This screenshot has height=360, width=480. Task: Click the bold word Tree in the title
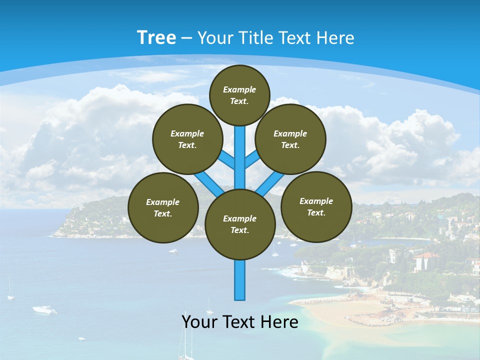[156, 37]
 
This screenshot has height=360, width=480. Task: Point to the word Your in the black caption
[199, 321]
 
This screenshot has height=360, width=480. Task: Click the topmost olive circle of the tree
[239, 95]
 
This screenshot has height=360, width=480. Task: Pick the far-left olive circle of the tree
[163, 207]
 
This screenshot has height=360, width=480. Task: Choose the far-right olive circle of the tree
[316, 206]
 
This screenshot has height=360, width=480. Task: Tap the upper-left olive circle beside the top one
[187, 139]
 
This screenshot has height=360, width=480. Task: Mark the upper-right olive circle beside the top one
[290, 139]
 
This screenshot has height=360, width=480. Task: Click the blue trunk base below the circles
[240, 280]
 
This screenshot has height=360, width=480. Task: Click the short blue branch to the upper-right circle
[252, 159]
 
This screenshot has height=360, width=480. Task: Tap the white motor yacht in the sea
[44, 310]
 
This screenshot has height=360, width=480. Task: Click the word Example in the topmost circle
[239, 89]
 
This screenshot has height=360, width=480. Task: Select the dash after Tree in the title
[187, 38]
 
